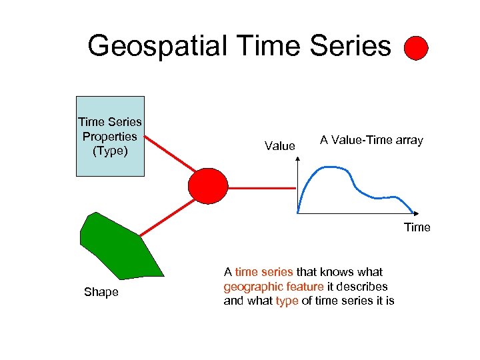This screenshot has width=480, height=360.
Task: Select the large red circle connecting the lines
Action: (208, 185)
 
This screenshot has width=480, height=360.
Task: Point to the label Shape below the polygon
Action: (101, 292)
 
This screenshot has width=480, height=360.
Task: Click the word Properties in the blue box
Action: (110, 136)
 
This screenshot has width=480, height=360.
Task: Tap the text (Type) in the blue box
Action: (110, 150)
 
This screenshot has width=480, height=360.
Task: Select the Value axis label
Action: (279, 146)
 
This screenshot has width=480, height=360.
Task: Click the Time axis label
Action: (417, 227)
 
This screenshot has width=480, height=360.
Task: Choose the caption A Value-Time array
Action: (371, 140)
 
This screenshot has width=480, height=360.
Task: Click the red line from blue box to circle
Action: (170, 153)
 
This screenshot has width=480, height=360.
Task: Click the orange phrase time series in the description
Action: (263, 271)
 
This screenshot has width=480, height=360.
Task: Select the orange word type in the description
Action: (287, 301)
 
